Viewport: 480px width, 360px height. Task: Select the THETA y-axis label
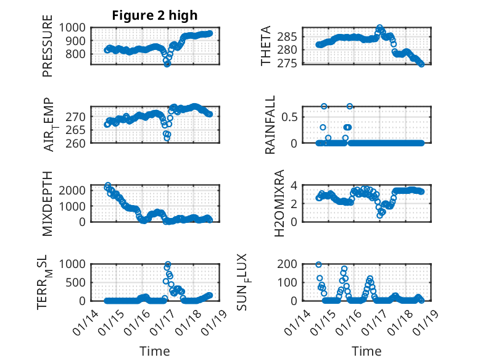tap(266, 46)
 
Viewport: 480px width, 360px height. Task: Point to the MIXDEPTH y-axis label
tap(48, 203)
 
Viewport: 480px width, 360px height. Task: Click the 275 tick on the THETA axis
tap(293, 64)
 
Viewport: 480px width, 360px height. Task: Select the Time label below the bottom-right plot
tap(367, 351)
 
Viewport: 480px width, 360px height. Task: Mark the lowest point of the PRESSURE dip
tap(167, 64)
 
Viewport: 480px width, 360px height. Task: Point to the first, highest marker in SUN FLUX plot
tap(318, 264)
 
